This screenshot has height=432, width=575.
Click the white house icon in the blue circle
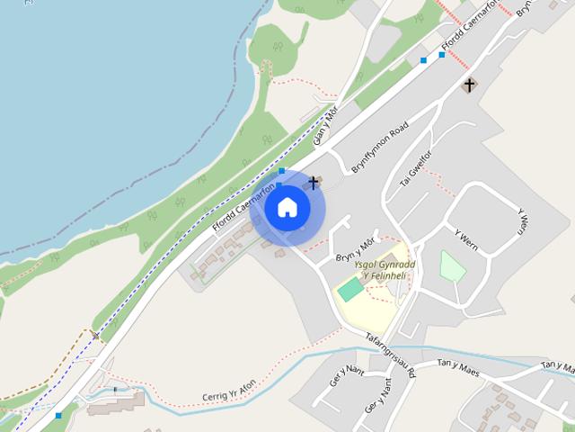[287, 207]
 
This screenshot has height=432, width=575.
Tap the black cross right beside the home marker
[314, 184]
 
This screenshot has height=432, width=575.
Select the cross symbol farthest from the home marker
[468, 85]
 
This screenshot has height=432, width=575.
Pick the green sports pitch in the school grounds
[349, 291]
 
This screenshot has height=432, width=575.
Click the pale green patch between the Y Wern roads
[453, 266]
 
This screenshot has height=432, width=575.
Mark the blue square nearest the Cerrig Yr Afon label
[58, 415]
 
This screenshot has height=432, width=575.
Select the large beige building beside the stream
[115, 401]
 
